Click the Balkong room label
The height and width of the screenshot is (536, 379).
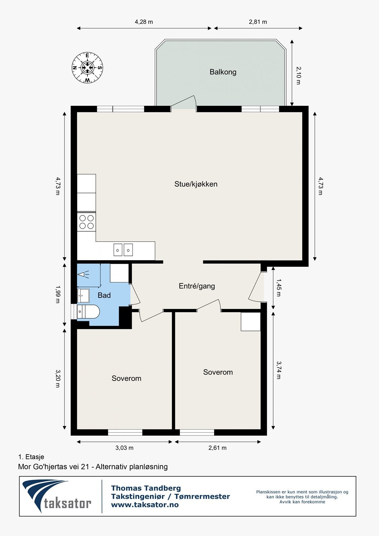tap(223, 72)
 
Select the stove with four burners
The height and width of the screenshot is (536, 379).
tap(86, 222)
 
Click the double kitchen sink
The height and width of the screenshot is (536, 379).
tap(123, 250)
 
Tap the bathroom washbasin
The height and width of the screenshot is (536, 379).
tap(83, 295)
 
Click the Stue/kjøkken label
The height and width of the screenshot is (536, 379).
tap(196, 184)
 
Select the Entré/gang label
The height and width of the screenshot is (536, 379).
tap(197, 286)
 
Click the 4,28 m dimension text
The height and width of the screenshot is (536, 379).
tap(144, 22)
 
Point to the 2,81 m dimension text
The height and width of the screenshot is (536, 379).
tap(258, 22)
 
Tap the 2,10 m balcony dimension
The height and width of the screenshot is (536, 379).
tap(298, 75)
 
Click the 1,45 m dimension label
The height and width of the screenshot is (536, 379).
tap(278, 287)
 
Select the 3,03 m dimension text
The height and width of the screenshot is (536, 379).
tap(124, 448)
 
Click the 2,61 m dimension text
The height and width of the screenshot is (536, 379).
tap(217, 448)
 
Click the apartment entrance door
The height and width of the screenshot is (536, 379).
tap(257, 286)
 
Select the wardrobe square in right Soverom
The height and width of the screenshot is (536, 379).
tap(251, 322)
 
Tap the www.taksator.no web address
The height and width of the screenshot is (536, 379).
tap(145, 505)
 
